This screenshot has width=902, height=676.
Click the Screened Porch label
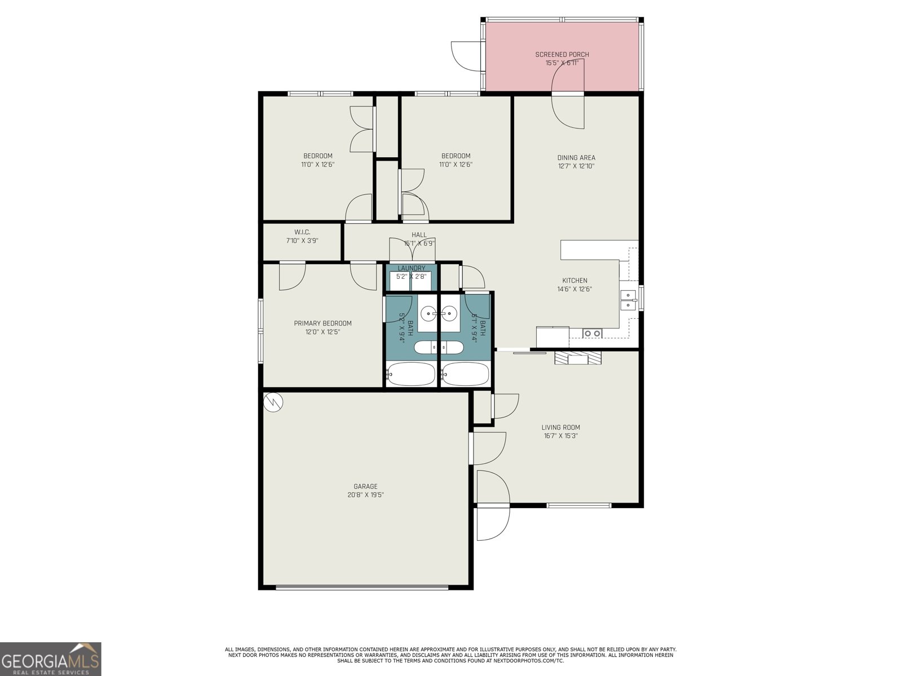pos(562,55)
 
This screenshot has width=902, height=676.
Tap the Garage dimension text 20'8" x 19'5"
pos(365,495)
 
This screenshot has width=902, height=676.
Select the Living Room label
pos(560,427)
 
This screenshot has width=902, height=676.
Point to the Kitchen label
pos(574,281)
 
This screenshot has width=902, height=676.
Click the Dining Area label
pos(576,158)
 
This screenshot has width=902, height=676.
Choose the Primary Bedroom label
pos(322,323)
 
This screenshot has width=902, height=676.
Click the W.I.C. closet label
pos(302,232)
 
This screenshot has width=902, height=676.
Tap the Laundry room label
pos(411,268)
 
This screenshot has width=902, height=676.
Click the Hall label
pos(419,235)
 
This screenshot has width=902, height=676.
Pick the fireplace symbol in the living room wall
pos(578,358)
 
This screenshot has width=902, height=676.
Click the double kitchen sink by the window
pos(627,300)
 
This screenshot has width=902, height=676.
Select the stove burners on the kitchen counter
pos(592,333)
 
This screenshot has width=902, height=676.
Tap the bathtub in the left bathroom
pos(411,373)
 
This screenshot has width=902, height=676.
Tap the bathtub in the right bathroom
pos(465,373)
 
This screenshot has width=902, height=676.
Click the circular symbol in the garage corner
pos(273,402)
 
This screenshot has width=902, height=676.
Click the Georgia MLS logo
pos(50,659)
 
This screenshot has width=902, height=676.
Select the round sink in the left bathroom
pos(428,312)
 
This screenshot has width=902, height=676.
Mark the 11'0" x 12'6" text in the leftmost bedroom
pos(317,165)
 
